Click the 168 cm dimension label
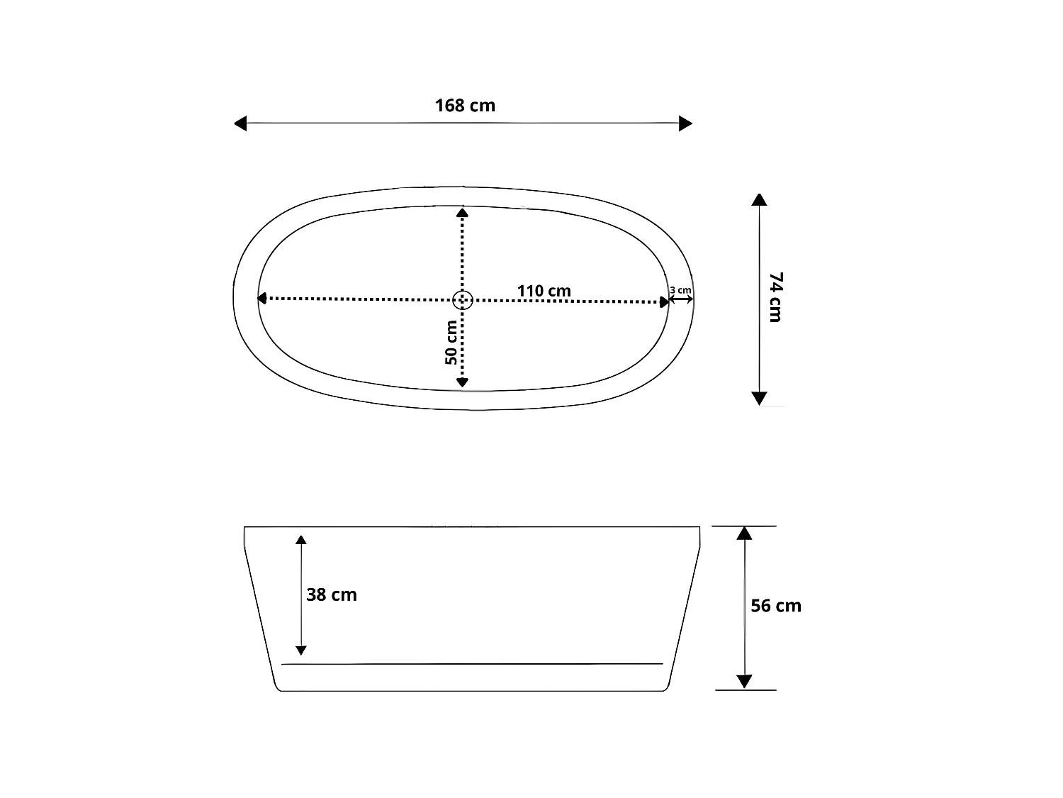pos(465,106)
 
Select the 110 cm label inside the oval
pos(544,291)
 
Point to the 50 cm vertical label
pos(451,343)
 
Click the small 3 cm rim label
pos(680,289)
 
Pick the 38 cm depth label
pos(331,594)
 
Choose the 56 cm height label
pos(776,606)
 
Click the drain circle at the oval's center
pos(462,300)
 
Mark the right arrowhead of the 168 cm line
pos(685,123)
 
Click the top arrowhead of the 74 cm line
pos(759,199)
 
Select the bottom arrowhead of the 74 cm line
pos(759,398)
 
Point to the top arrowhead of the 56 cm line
pos(743,533)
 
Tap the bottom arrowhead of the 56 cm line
pos(743,682)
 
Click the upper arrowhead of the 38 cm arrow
pos(301,540)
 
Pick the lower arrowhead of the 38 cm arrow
pos(301,650)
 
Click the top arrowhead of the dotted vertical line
pos(462,212)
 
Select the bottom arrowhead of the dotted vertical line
pos(462,382)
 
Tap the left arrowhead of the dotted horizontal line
pos(261,299)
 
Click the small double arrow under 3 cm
pos(681,300)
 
